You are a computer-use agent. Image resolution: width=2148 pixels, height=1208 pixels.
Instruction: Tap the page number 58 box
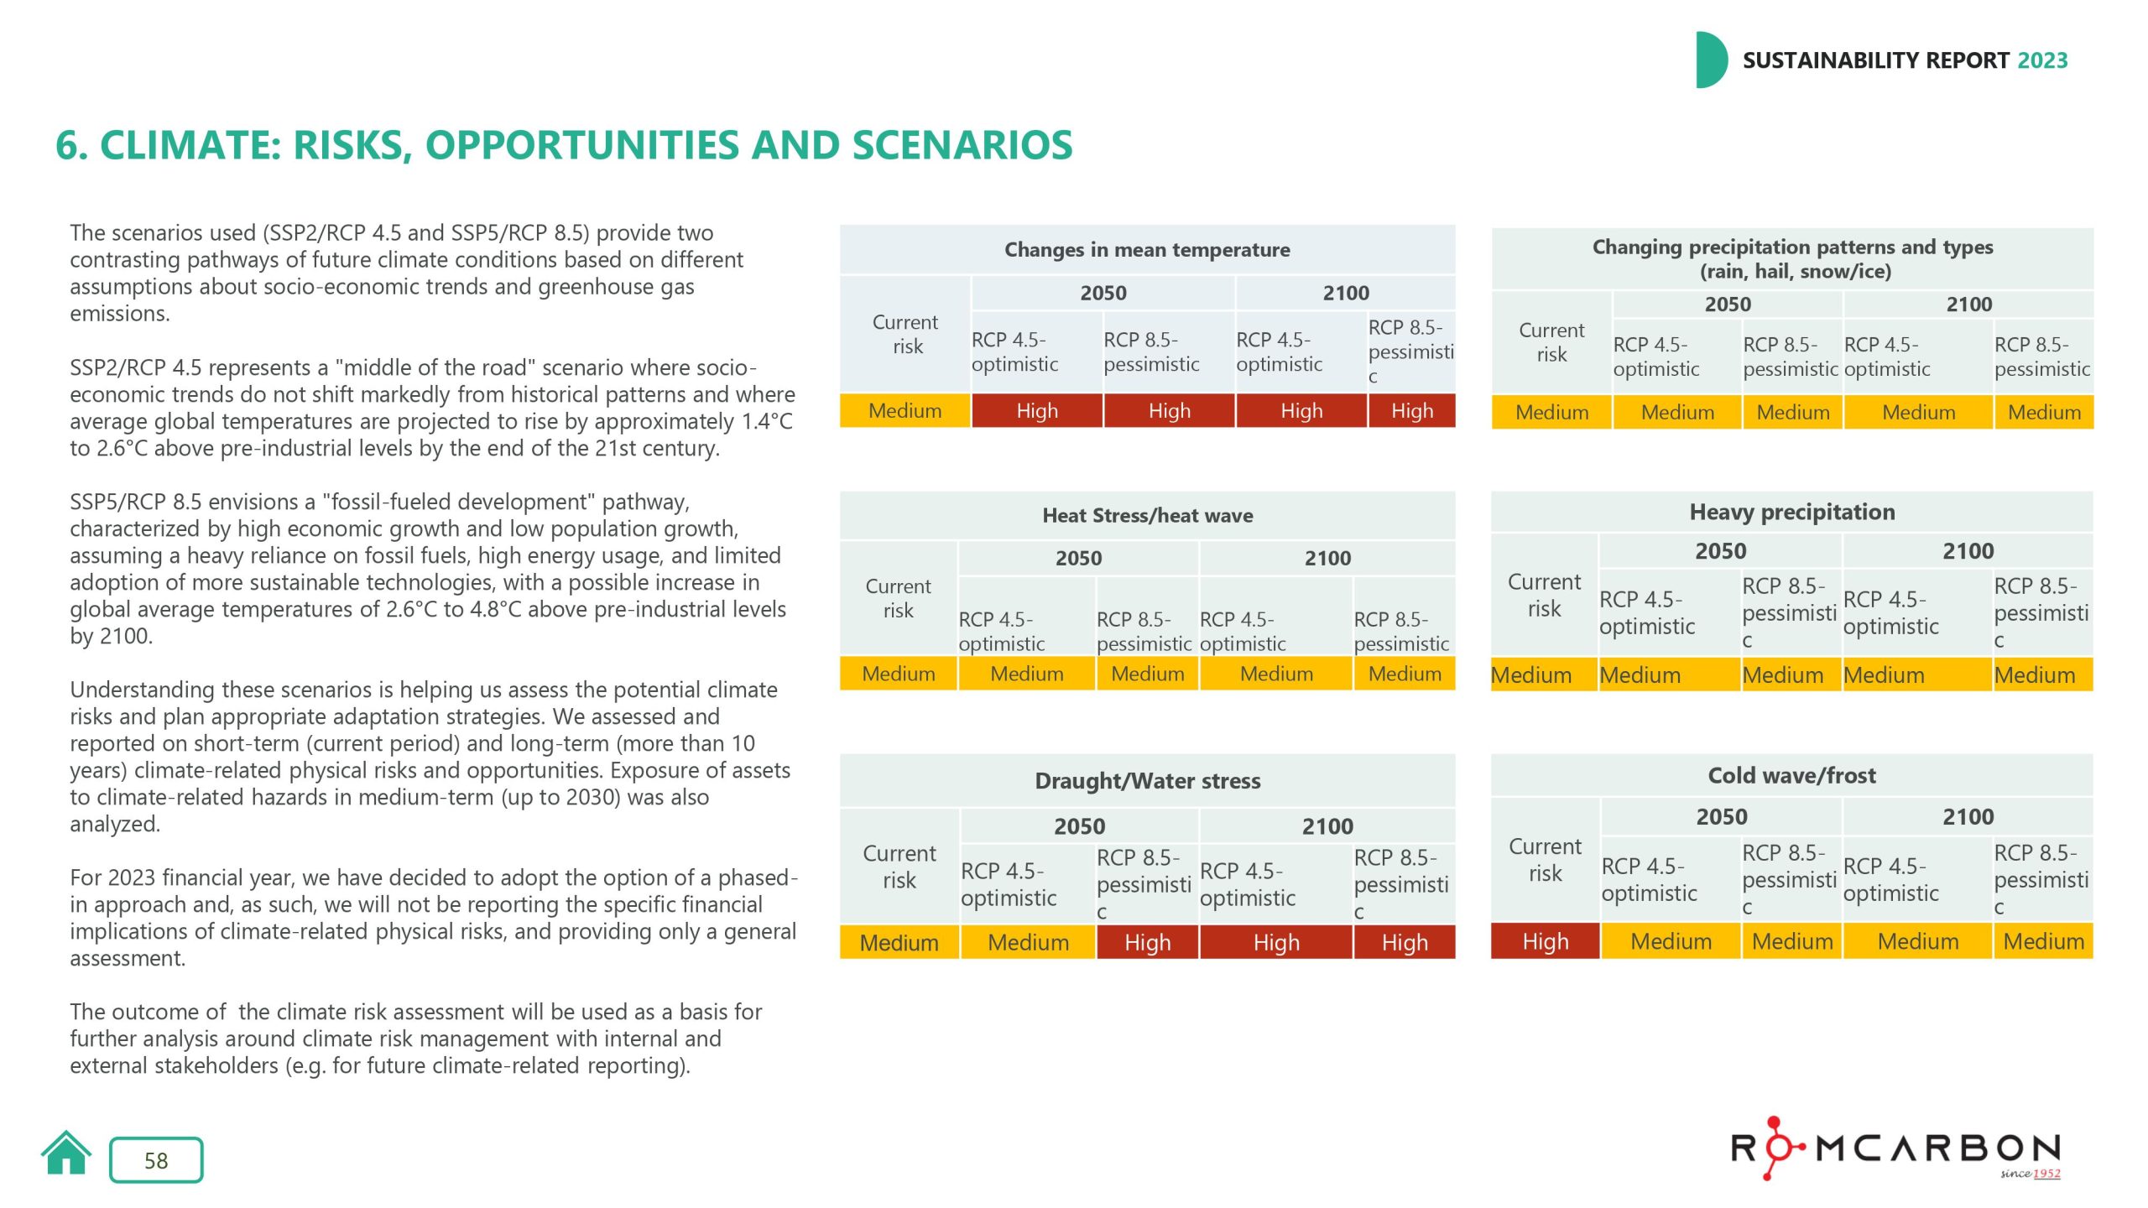point(156,1160)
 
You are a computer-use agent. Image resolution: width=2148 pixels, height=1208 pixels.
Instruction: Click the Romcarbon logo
point(1895,1148)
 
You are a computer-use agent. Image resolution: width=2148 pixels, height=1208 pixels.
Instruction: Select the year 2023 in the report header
point(2042,60)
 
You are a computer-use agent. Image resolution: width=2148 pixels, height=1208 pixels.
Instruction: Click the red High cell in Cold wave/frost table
point(1545,941)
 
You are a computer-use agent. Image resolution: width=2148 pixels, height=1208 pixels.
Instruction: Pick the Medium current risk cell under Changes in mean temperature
point(905,411)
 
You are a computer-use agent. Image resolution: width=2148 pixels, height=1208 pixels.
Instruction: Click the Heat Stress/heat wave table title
point(1147,515)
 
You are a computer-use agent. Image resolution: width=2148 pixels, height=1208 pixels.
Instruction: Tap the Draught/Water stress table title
point(1147,781)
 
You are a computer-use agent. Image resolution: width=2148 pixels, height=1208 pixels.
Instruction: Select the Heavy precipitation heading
point(1791,512)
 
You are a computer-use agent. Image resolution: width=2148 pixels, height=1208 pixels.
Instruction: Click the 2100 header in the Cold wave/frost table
point(1968,816)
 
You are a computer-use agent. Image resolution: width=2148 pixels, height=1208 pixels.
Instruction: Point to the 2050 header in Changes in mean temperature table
point(1103,293)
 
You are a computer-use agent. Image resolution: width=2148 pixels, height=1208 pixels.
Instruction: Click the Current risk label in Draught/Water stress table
point(899,867)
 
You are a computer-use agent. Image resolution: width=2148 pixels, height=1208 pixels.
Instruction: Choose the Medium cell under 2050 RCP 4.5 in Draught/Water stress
point(1028,942)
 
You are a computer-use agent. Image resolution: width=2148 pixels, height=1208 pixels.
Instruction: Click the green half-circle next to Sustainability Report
point(1710,60)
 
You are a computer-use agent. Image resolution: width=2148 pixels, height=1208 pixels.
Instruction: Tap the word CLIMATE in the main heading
point(190,145)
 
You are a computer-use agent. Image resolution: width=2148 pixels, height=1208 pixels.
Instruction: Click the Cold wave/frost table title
point(1791,775)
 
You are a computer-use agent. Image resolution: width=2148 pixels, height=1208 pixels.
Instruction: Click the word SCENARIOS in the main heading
point(962,145)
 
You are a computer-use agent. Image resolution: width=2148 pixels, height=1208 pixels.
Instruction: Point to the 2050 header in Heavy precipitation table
point(1720,551)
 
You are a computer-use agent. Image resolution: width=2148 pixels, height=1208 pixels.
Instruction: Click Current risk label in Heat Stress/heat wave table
point(898,598)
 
